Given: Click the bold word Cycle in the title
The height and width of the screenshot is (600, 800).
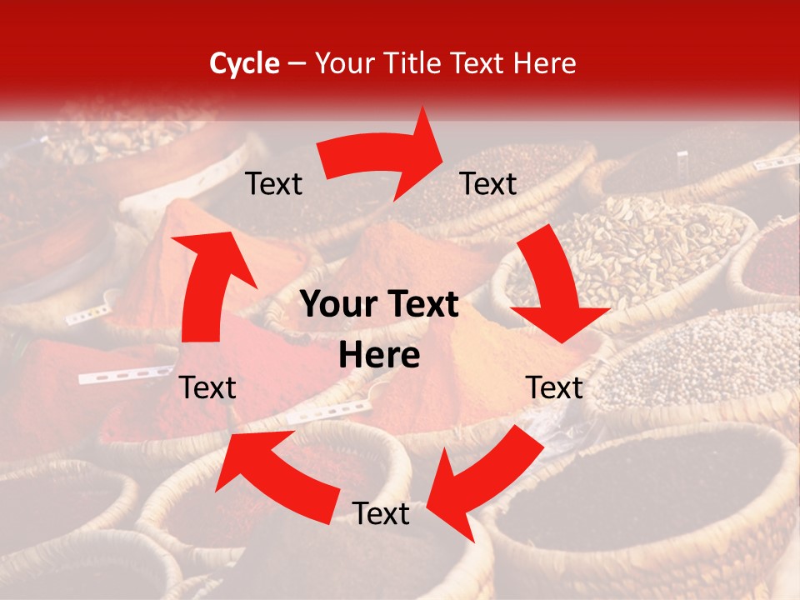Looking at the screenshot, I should [244, 63].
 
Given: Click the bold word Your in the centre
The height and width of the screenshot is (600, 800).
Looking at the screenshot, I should [338, 305].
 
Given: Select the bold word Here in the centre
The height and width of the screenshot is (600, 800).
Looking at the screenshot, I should [379, 356].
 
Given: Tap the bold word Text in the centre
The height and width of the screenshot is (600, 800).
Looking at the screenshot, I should [420, 305].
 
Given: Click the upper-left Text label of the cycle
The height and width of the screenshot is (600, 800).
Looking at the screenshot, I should [273, 183].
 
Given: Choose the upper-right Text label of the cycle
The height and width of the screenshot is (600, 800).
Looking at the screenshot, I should [488, 183].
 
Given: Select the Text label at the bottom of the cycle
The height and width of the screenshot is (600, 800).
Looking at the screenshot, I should [380, 514].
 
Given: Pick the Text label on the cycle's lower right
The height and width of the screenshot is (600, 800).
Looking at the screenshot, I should [554, 387].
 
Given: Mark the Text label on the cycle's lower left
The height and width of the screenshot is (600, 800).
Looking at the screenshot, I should [207, 387].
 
